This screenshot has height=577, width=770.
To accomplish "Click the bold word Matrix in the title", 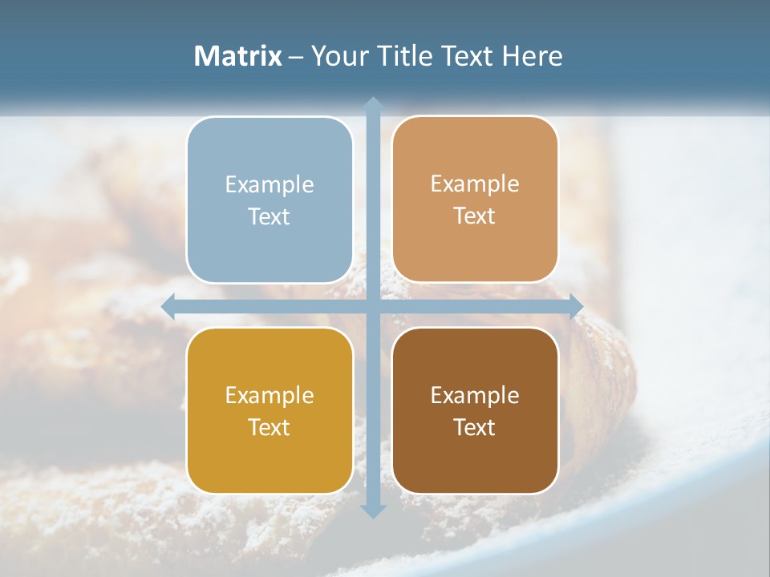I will pyautogui.click(x=238, y=56).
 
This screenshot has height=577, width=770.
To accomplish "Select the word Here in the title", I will pyautogui.click(x=532, y=56).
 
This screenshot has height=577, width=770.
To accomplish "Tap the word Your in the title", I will pyautogui.click(x=336, y=56).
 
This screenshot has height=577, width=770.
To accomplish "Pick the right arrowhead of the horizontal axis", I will pyautogui.click(x=576, y=307).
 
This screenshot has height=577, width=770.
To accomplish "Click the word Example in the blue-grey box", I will pyautogui.click(x=269, y=185).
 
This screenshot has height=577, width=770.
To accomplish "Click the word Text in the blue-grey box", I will pyautogui.click(x=269, y=216).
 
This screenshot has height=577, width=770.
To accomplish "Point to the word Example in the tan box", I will pyautogui.click(x=475, y=184).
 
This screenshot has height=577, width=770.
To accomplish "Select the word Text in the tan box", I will pyautogui.click(x=475, y=216).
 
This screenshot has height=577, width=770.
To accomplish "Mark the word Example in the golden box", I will pyautogui.click(x=269, y=396).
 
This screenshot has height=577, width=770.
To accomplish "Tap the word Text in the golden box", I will pyautogui.click(x=269, y=427).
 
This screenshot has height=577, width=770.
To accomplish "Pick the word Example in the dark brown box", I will pyautogui.click(x=475, y=396).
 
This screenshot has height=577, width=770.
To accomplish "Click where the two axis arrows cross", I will pyautogui.click(x=373, y=307).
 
